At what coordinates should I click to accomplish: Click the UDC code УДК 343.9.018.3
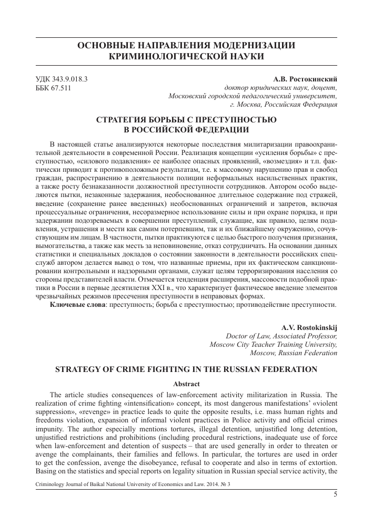pos(61,79)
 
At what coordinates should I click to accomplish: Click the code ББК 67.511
pos(53,88)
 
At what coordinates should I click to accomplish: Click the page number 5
pos(335,493)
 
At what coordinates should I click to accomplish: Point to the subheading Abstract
pos(186,383)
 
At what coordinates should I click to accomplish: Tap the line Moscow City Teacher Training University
pos(273,345)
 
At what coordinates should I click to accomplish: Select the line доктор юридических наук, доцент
pos(280,88)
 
